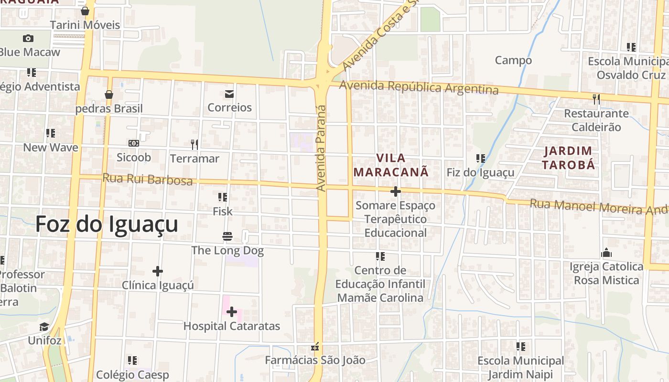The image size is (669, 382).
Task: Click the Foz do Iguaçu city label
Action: pyautogui.click(x=107, y=224)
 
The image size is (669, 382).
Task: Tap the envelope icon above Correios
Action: pyautogui.click(x=229, y=94)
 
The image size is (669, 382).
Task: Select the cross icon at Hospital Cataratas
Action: pyautogui.click(x=232, y=312)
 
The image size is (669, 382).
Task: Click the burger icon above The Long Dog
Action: pyautogui.click(x=227, y=236)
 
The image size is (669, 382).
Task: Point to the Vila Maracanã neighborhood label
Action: pyautogui.click(x=391, y=165)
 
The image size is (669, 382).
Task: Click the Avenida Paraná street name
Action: pyautogui.click(x=321, y=148)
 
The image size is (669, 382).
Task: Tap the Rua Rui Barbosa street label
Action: pyautogui.click(x=147, y=179)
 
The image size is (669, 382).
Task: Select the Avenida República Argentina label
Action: pyautogui.click(x=419, y=87)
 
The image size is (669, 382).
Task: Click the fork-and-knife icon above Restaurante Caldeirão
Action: pyautogui.click(x=596, y=99)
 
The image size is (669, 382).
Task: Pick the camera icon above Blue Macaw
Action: pyautogui.click(x=28, y=38)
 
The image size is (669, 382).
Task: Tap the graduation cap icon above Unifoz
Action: pyautogui.click(x=44, y=327)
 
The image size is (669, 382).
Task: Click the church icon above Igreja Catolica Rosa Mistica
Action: pyautogui.click(x=606, y=253)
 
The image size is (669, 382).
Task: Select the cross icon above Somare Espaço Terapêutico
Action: pyautogui.click(x=395, y=191)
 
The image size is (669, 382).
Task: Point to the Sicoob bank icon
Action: pyautogui.click(x=134, y=143)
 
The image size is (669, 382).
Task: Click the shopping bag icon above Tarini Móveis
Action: pyautogui.click(x=85, y=11)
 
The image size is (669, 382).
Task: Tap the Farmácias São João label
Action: pyautogui.click(x=315, y=360)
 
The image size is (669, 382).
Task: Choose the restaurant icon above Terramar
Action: pyautogui.click(x=194, y=144)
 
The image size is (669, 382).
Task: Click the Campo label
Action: pyautogui.click(x=513, y=60)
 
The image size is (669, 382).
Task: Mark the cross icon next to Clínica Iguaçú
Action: pyautogui.click(x=158, y=272)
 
